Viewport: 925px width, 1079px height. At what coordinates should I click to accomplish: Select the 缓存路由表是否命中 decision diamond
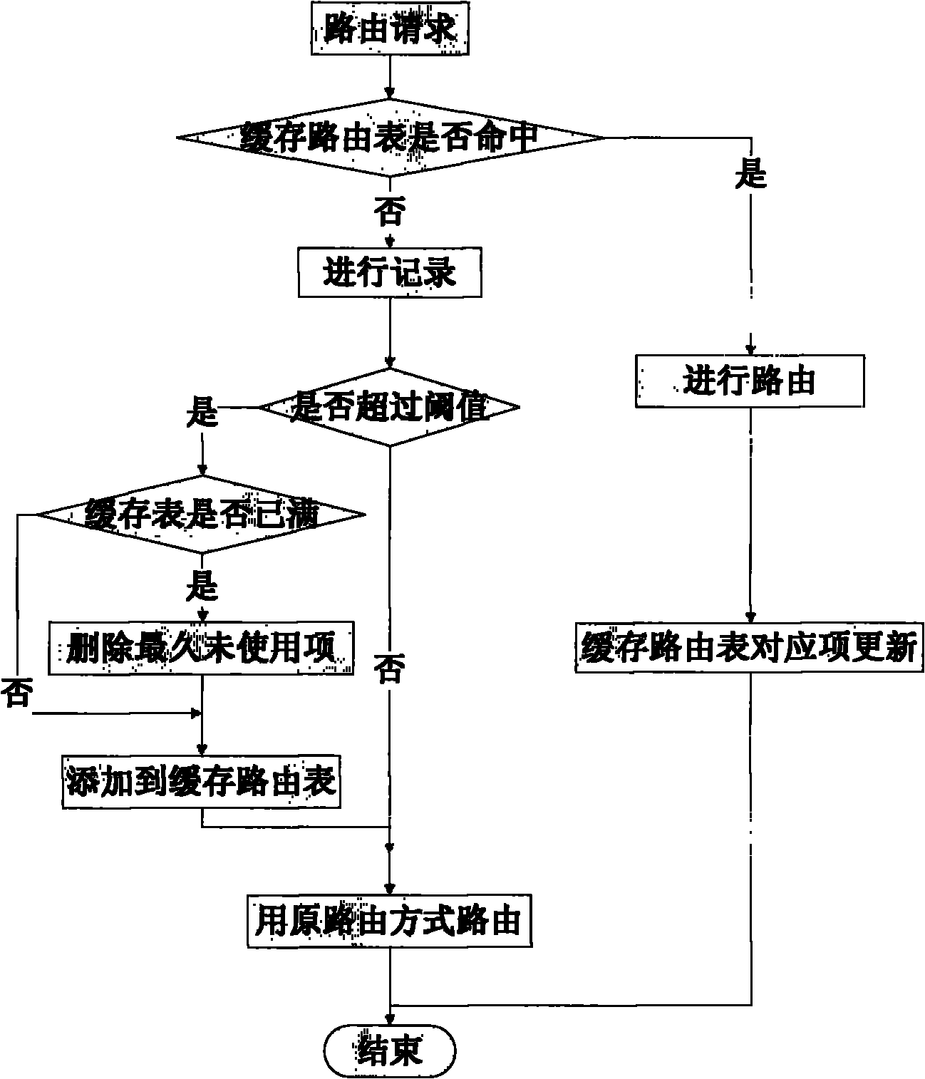(x=390, y=137)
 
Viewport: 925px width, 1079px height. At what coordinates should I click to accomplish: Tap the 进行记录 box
(x=390, y=272)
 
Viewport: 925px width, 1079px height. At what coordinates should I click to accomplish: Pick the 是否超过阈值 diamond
(x=390, y=408)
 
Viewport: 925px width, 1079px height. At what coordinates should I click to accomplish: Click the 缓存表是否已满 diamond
(x=202, y=514)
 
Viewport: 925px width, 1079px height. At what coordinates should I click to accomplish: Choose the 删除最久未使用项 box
(x=202, y=649)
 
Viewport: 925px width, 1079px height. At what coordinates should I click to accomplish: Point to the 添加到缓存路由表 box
(x=202, y=782)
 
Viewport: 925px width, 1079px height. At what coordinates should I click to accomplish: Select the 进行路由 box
(x=750, y=382)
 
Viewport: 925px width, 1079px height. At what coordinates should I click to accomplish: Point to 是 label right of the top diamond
(x=750, y=173)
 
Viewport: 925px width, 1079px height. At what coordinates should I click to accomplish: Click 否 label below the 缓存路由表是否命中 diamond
(x=390, y=211)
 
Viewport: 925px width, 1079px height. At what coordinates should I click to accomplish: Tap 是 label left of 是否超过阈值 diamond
(x=202, y=411)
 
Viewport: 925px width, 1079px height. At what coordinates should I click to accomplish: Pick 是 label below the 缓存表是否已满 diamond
(x=202, y=587)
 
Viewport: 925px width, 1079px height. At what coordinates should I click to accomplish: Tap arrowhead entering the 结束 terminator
(x=390, y=1020)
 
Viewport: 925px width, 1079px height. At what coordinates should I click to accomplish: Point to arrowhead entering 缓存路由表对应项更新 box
(x=750, y=617)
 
